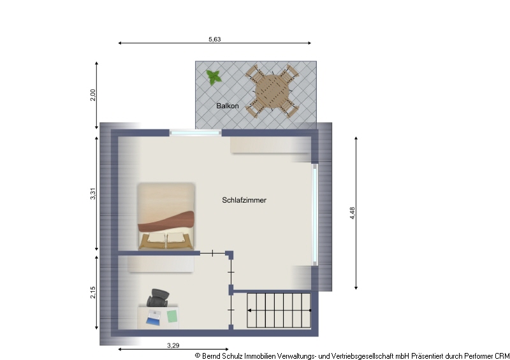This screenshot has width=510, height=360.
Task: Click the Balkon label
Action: (x=228, y=106)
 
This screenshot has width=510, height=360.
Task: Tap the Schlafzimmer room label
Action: (x=244, y=200)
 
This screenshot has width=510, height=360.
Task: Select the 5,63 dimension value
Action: (x=215, y=39)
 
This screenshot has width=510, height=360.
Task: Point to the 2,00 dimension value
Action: (x=93, y=95)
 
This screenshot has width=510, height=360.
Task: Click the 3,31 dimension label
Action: (x=93, y=194)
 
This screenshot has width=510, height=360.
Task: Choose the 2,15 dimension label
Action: (x=93, y=292)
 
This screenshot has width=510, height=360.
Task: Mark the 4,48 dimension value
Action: (x=353, y=213)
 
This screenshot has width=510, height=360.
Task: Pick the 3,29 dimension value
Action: (x=173, y=345)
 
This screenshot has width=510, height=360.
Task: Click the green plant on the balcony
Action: (x=214, y=77)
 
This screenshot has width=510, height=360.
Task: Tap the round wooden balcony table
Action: (x=272, y=91)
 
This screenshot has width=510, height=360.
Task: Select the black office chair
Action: (x=158, y=297)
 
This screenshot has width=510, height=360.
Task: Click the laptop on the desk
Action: (x=153, y=317)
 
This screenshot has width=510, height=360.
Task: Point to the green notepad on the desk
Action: (x=172, y=316)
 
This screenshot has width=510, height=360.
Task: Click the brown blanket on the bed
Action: (x=166, y=222)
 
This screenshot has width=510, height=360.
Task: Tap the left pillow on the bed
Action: (x=157, y=238)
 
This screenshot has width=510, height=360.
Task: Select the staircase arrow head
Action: (x=249, y=310)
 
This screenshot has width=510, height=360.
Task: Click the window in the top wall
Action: (x=195, y=133)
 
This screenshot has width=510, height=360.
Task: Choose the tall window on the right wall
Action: (x=315, y=215)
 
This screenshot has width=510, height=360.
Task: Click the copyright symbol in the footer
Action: (x=198, y=356)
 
